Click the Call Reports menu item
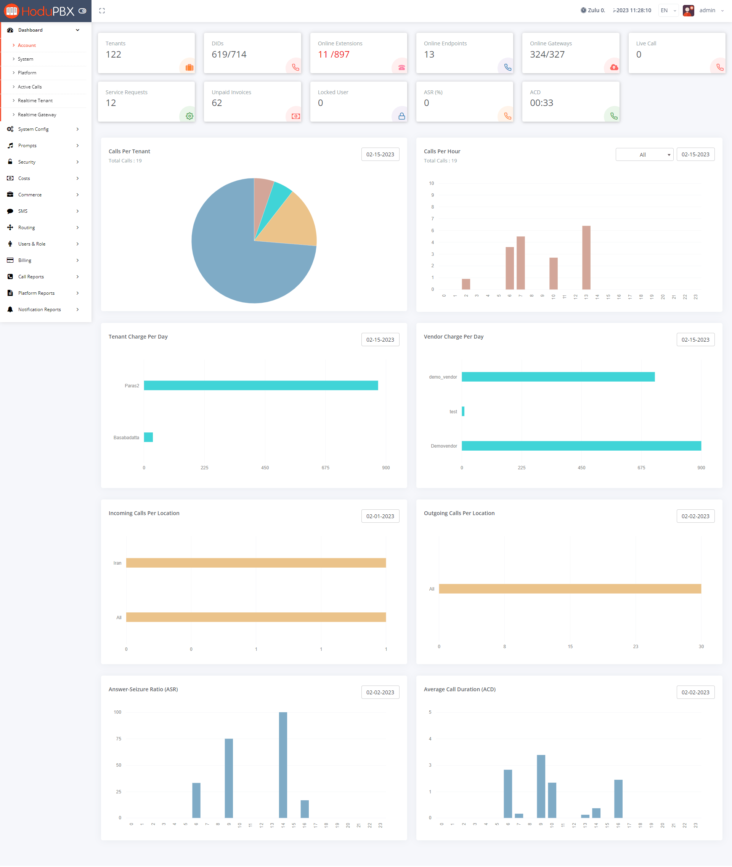pyautogui.click(x=31, y=277)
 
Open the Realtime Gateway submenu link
pyautogui.click(x=37, y=114)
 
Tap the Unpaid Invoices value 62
pyautogui.click(x=217, y=103)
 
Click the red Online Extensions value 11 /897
pyautogui.click(x=333, y=55)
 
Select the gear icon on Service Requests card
pyautogui.click(x=189, y=116)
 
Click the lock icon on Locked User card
pyautogui.click(x=401, y=116)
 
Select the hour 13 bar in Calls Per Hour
pyautogui.click(x=586, y=257)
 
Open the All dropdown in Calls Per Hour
pyautogui.click(x=644, y=155)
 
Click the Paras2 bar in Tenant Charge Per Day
pyautogui.click(x=261, y=385)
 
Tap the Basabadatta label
pyautogui.click(x=126, y=437)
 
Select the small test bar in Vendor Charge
pyautogui.click(x=463, y=411)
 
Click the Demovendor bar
pyautogui.click(x=581, y=446)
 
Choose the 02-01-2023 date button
pyautogui.click(x=380, y=516)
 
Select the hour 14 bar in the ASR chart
pyautogui.click(x=283, y=764)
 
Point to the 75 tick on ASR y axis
pyautogui.click(x=119, y=739)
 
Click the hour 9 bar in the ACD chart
pyautogui.click(x=541, y=786)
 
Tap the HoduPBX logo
pyautogui.click(x=39, y=11)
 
